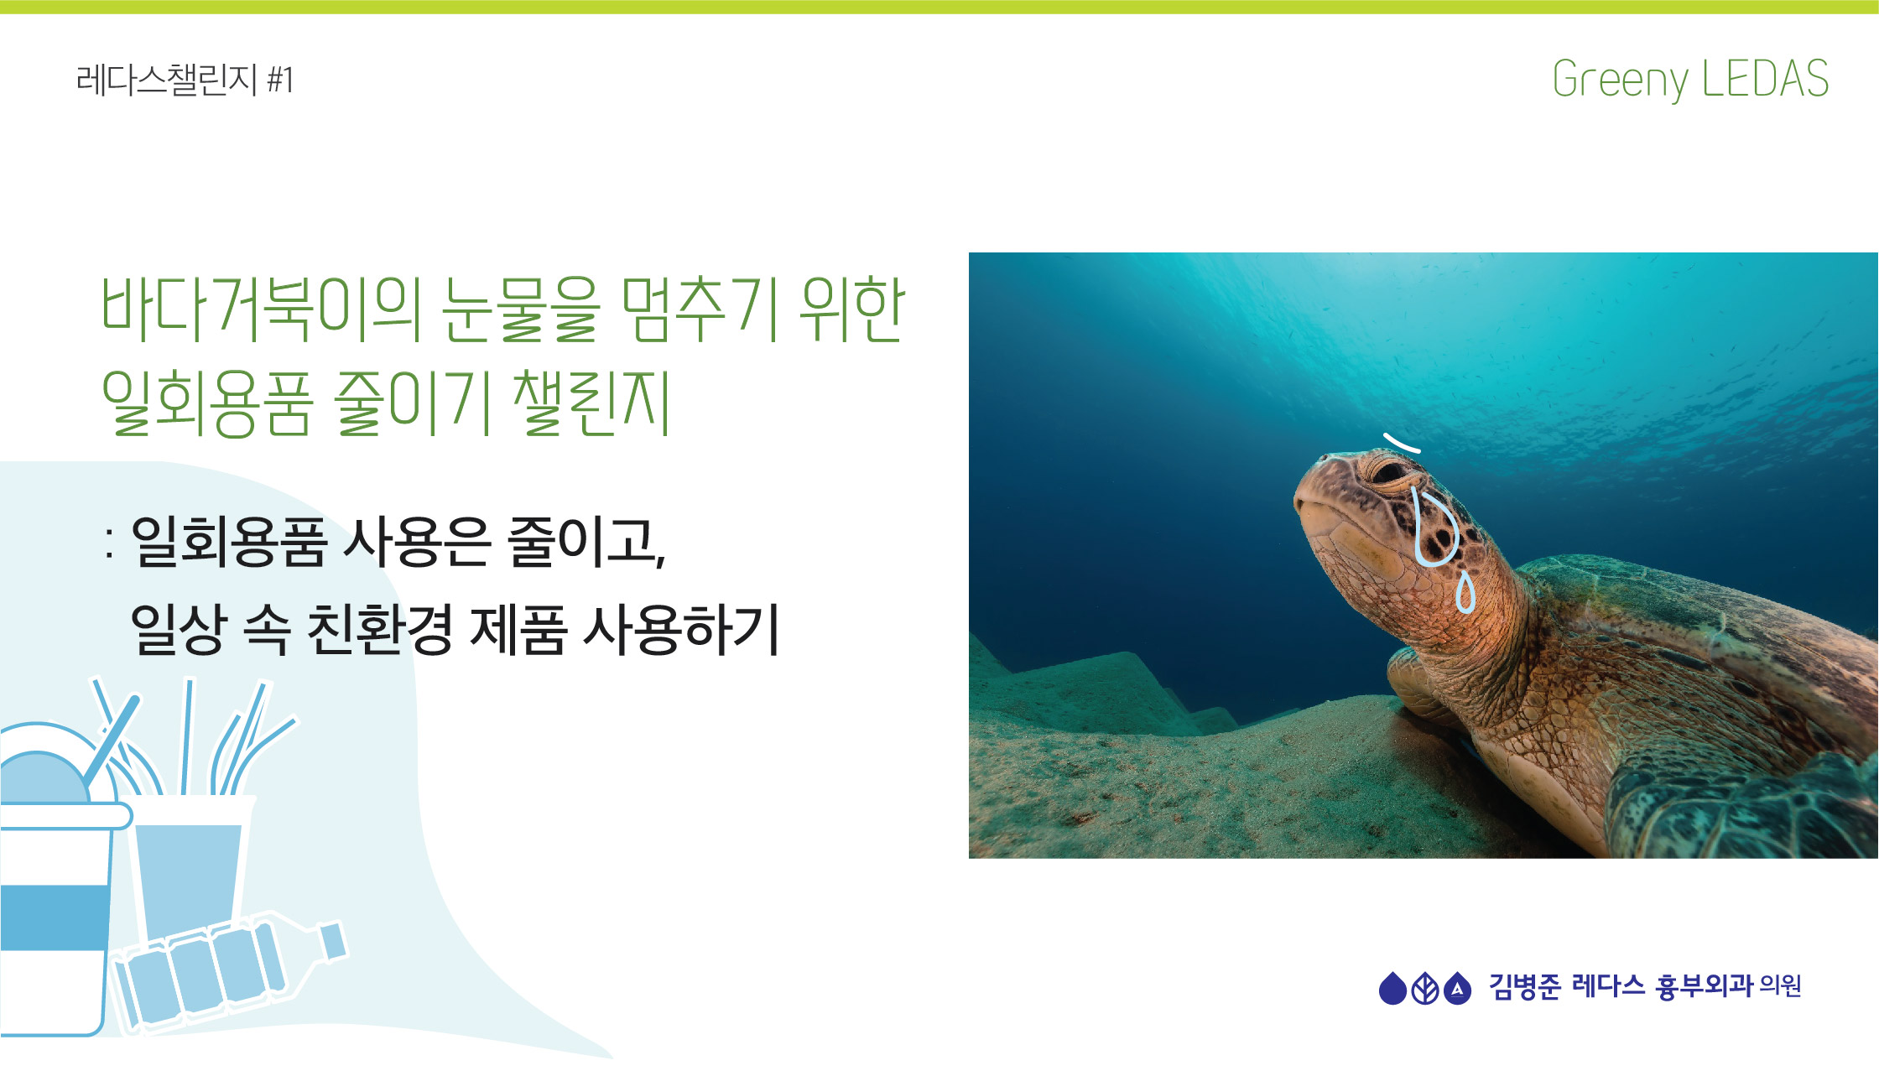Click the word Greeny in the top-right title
tap(1621, 81)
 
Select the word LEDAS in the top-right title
tap(1766, 78)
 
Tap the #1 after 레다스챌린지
tap(280, 81)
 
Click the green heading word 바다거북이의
tap(261, 309)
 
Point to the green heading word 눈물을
tap(521, 309)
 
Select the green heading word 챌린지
tap(591, 403)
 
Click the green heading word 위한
tap(851, 309)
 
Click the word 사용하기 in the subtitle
tap(682, 629)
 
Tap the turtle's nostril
tap(1323, 458)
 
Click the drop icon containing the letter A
tap(1458, 988)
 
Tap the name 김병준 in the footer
tap(1524, 986)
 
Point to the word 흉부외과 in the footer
tap(1703, 986)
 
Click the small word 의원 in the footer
tap(1780, 985)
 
